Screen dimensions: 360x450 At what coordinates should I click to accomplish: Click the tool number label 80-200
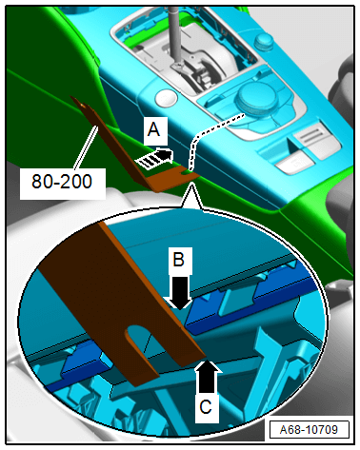(62, 182)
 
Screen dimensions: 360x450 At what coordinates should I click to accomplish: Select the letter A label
(153, 129)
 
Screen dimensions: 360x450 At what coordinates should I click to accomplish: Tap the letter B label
(178, 260)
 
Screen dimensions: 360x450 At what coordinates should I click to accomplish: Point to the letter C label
(206, 406)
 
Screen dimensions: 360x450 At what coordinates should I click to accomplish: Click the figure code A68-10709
(309, 430)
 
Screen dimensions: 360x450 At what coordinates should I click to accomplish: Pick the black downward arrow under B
(179, 292)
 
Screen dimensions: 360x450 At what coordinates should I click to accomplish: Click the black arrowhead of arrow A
(165, 155)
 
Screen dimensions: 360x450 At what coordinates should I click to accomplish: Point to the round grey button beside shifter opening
(166, 97)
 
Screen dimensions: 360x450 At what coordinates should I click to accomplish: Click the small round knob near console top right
(264, 41)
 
